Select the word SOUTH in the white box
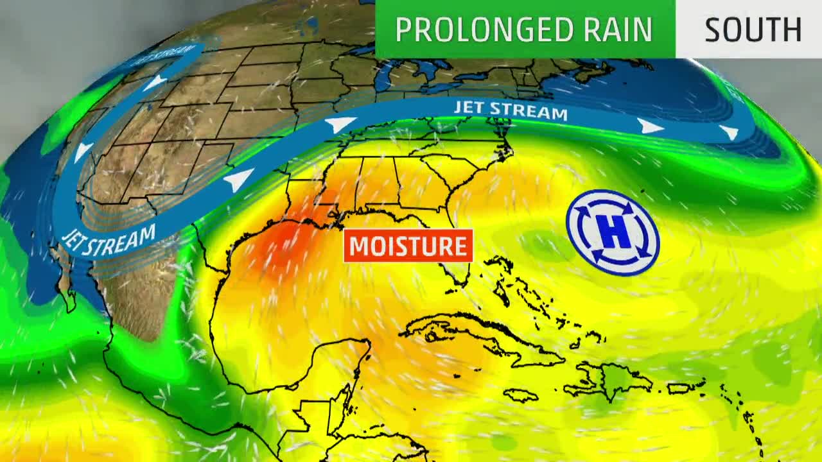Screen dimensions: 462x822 tap(753, 30)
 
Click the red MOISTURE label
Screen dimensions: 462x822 tap(408, 246)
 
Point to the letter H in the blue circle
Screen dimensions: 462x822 tap(613, 232)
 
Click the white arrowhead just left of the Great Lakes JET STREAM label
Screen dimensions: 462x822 tap(340, 124)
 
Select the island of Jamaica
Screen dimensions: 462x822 tap(520, 395)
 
